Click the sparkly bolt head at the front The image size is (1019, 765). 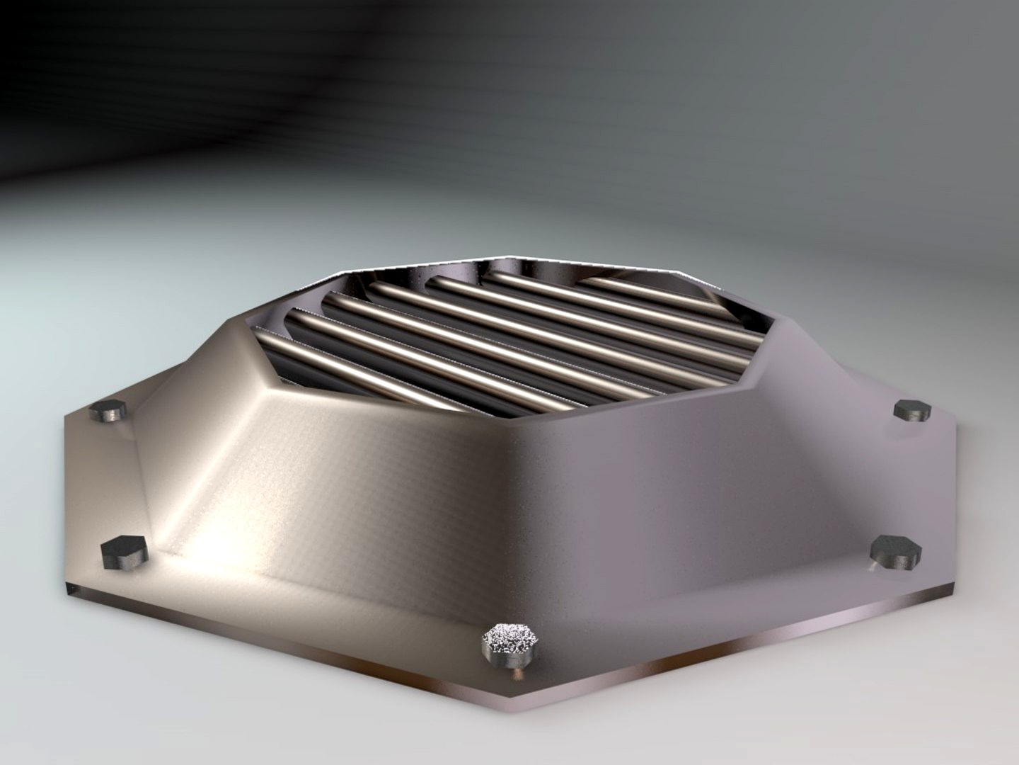[509, 641]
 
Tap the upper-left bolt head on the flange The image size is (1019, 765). [109, 410]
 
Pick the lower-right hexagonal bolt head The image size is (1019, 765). [894, 551]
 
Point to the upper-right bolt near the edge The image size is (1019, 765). [911, 410]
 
